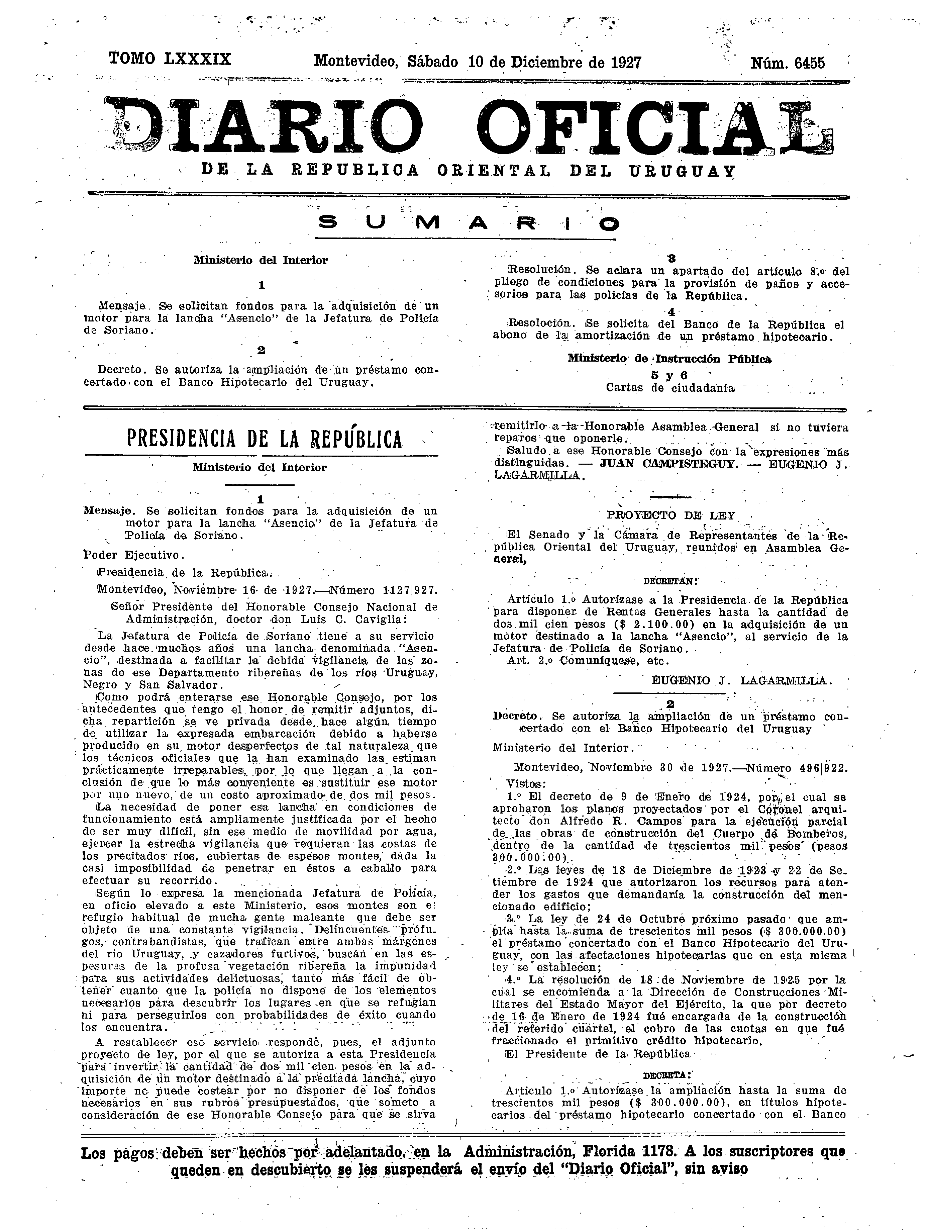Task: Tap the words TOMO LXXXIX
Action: (170, 59)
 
